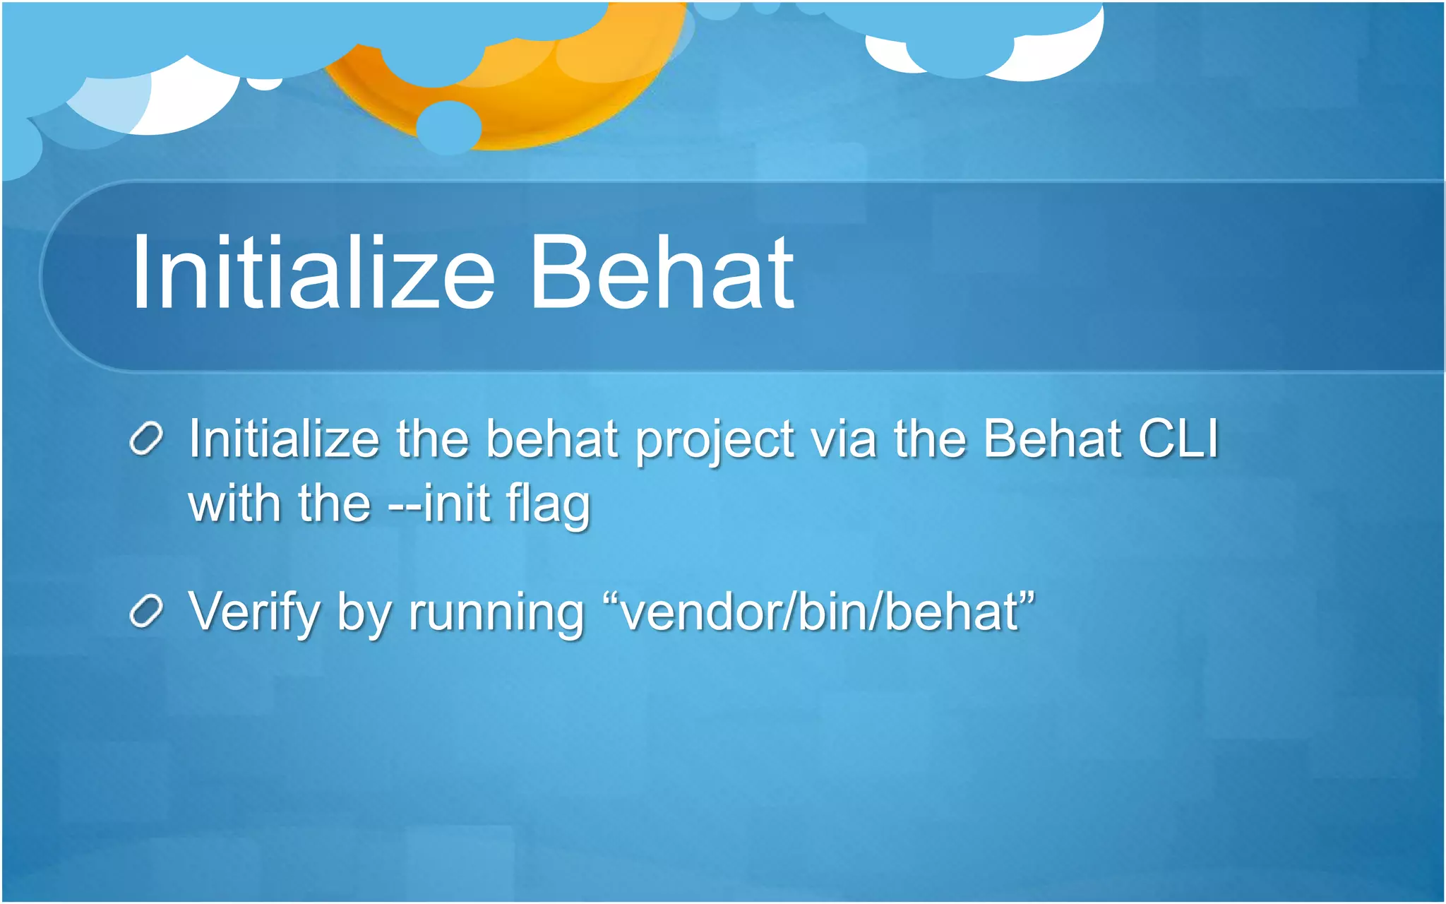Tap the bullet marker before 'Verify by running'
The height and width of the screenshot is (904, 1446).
tap(147, 612)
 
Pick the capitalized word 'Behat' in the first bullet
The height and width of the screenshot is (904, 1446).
tap(1052, 439)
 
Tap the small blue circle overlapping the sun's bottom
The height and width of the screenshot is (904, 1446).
tap(448, 127)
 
